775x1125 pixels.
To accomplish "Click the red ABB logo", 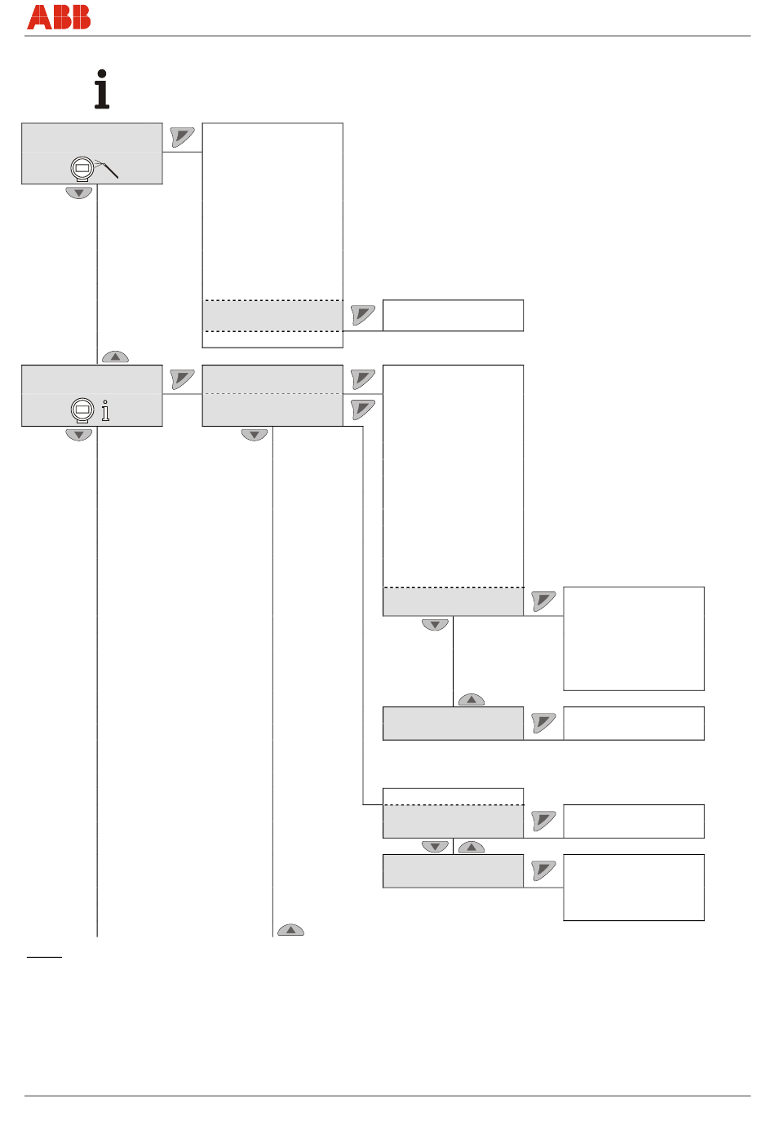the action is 59,17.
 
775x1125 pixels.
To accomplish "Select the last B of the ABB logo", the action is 80,17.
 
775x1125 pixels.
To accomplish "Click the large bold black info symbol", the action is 102,90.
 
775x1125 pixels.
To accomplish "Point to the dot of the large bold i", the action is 102,74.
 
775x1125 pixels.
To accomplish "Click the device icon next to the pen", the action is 82,168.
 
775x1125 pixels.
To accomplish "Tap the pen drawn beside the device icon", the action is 108,168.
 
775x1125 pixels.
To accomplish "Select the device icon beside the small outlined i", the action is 82,410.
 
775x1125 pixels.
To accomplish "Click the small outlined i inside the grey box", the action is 105,410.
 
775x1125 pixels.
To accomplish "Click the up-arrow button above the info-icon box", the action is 115,357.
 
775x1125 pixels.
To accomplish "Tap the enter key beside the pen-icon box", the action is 182,136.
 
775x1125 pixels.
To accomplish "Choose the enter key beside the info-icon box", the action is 182,379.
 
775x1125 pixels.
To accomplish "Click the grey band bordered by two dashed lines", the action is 272,316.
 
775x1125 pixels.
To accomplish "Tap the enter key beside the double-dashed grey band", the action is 363,314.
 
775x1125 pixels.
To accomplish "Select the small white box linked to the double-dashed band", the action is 453,316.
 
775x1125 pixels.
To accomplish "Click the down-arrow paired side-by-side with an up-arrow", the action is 435,847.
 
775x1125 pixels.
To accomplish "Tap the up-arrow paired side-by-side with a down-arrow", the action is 472,848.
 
